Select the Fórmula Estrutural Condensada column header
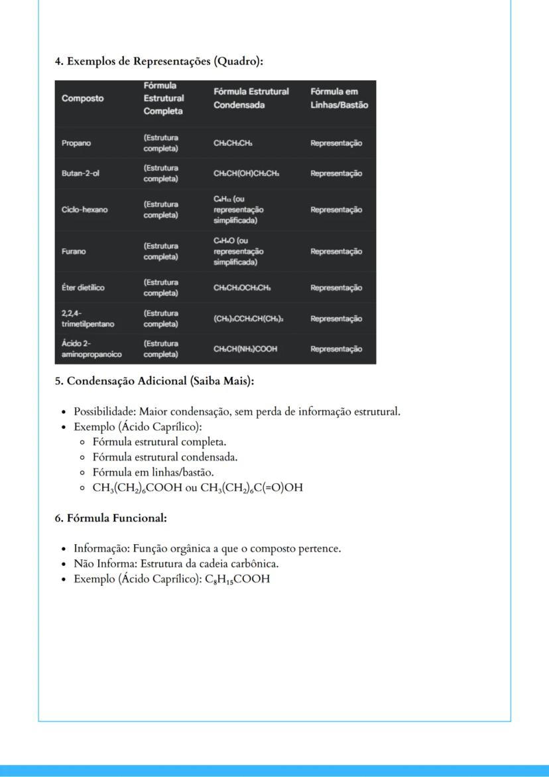[x=251, y=98]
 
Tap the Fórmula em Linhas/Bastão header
[x=339, y=98]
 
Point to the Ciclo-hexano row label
[x=84, y=210]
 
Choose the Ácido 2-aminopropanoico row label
[x=90, y=349]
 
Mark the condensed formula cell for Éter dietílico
[x=242, y=288]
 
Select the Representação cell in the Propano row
[x=336, y=143]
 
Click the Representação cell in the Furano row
[x=336, y=251]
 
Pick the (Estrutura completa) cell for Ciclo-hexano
[x=161, y=210]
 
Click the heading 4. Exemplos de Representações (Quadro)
[x=159, y=62]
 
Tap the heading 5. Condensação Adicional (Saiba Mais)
[x=154, y=382]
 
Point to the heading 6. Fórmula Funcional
[x=110, y=518]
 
